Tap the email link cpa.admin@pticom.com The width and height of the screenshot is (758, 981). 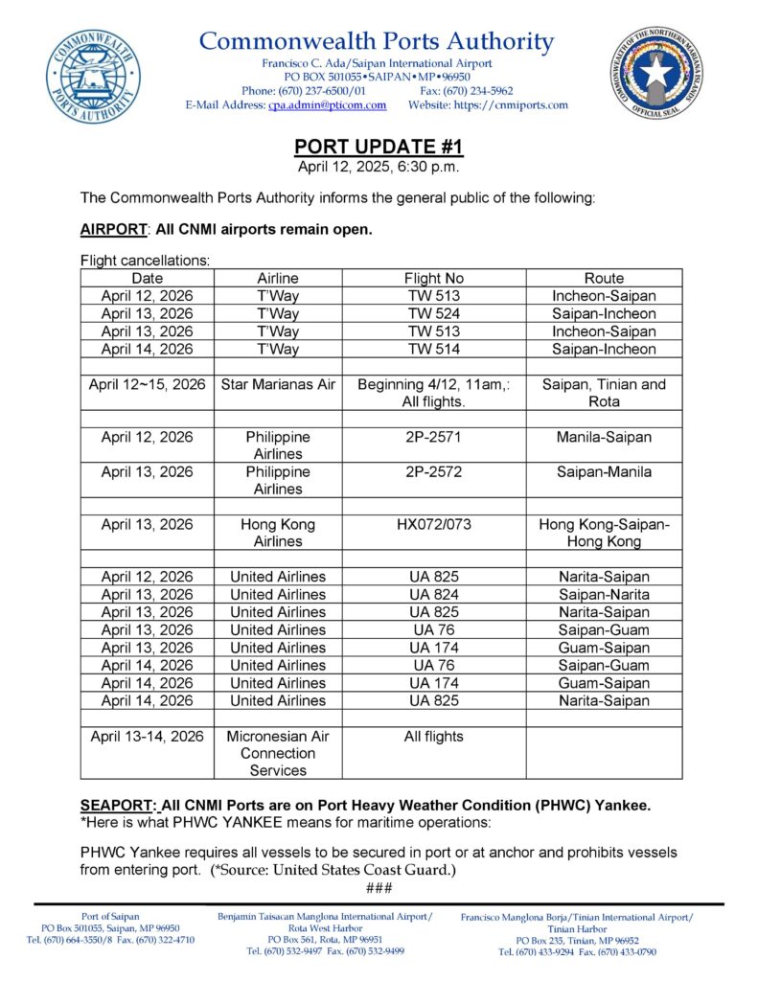click(x=327, y=105)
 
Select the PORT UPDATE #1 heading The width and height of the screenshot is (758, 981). click(x=379, y=147)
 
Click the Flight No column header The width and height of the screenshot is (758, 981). click(x=434, y=278)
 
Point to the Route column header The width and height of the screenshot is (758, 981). click(x=603, y=278)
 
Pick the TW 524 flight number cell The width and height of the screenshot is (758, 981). click(x=434, y=313)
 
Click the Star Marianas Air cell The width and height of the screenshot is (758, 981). click(x=278, y=384)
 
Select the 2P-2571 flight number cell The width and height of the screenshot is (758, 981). click(x=434, y=437)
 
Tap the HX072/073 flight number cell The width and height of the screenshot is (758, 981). click(x=434, y=524)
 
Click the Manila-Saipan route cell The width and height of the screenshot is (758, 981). click(x=603, y=437)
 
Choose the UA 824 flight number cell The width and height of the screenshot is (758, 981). click(x=434, y=594)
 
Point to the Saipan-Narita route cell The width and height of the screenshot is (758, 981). click(x=603, y=594)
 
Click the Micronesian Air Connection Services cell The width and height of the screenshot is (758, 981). click(x=278, y=753)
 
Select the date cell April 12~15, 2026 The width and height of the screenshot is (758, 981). click(x=148, y=384)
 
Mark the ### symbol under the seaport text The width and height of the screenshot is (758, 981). click(x=379, y=888)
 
